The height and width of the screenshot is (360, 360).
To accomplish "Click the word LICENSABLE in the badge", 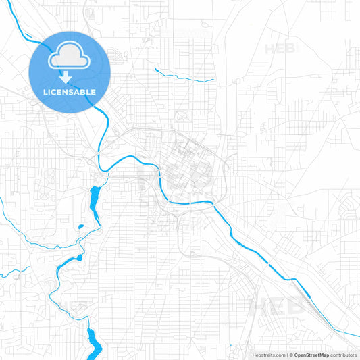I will pyautogui.click(x=70, y=91).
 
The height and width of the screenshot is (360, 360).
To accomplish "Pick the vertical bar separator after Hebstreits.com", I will pyautogui.click(x=286, y=355).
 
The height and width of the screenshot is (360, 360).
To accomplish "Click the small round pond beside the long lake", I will pyautogui.click(x=80, y=226).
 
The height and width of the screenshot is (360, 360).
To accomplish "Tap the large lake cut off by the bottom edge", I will pyautogui.click(x=93, y=341).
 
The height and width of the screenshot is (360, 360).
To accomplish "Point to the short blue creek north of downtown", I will pyautogui.click(x=182, y=74).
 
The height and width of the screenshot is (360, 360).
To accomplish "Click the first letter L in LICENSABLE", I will pyautogui.click(x=45, y=91).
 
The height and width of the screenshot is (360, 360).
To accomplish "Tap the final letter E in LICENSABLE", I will pyautogui.click(x=93, y=91).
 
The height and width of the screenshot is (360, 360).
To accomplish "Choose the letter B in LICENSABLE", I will pyautogui.click(x=82, y=91).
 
